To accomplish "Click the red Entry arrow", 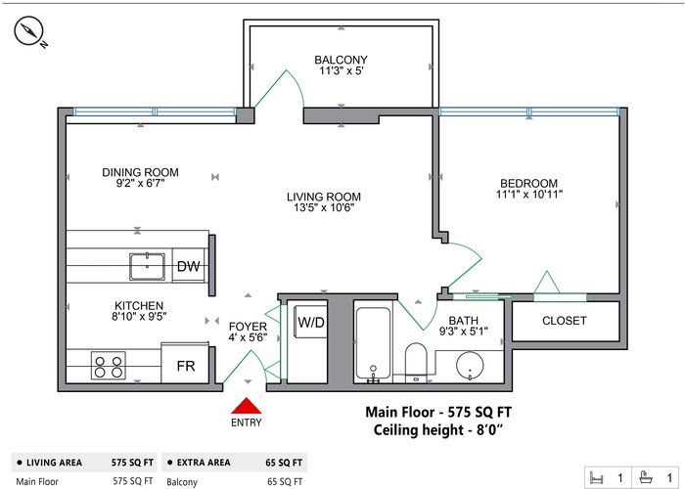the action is (247, 406).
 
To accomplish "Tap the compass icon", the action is (28, 31).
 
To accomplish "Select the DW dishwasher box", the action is (188, 265).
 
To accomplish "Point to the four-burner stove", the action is (109, 366).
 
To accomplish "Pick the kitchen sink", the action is (147, 266).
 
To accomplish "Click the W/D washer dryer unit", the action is (310, 322).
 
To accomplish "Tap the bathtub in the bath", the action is (373, 343).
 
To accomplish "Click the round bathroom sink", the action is (470, 366).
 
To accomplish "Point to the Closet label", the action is (564, 321).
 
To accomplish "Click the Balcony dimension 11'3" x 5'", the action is (341, 70).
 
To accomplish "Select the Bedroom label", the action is (528, 183).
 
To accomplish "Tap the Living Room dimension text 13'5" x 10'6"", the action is (324, 207).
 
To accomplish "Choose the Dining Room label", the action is (140, 172).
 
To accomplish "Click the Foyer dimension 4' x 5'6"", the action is (248, 337).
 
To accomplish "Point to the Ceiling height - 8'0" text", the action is (437, 430).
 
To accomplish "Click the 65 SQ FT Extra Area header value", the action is (284, 463).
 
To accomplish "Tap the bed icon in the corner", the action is (596, 477).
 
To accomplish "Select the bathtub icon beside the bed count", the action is (645, 477).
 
